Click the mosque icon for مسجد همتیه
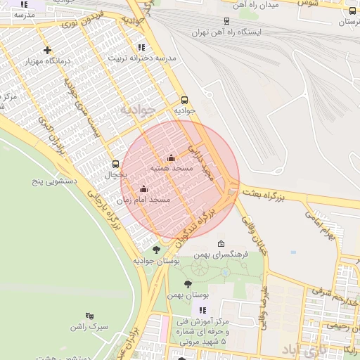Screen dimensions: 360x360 click(x=170, y=158)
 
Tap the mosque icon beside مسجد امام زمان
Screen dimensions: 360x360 click(x=144, y=188)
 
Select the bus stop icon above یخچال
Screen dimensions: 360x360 click(x=115, y=164)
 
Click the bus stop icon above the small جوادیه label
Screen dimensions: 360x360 click(x=184, y=100)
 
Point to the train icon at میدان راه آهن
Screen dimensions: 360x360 click(x=226, y=21)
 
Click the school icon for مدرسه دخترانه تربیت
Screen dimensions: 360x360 click(x=142, y=47)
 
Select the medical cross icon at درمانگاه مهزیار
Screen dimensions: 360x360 click(x=47, y=50)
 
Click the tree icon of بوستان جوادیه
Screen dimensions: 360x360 click(x=156, y=249)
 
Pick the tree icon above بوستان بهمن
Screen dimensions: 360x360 click(x=188, y=283)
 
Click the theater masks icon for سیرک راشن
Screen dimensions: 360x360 click(x=89, y=316)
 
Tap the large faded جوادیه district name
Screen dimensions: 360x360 click(x=135, y=110)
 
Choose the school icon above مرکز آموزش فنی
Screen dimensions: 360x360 click(x=202, y=310)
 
